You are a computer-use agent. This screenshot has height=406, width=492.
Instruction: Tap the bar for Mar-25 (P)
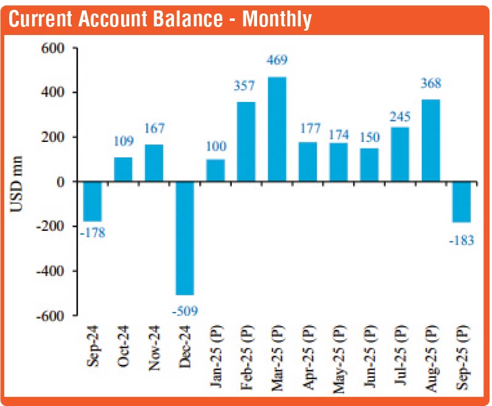(x=277, y=129)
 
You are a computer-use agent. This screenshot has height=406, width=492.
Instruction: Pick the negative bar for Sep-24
(x=93, y=201)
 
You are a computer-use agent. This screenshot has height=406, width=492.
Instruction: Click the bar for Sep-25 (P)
(x=461, y=201)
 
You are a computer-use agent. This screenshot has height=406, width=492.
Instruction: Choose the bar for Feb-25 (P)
(x=246, y=141)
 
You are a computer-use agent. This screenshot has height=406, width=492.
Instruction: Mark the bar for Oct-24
(x=123, y=169)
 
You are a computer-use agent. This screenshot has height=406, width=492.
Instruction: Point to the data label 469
(x=277, y=60)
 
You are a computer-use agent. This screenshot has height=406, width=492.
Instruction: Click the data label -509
(x=184, y=311)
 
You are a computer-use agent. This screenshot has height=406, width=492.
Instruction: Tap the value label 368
(x=430, y=84)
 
